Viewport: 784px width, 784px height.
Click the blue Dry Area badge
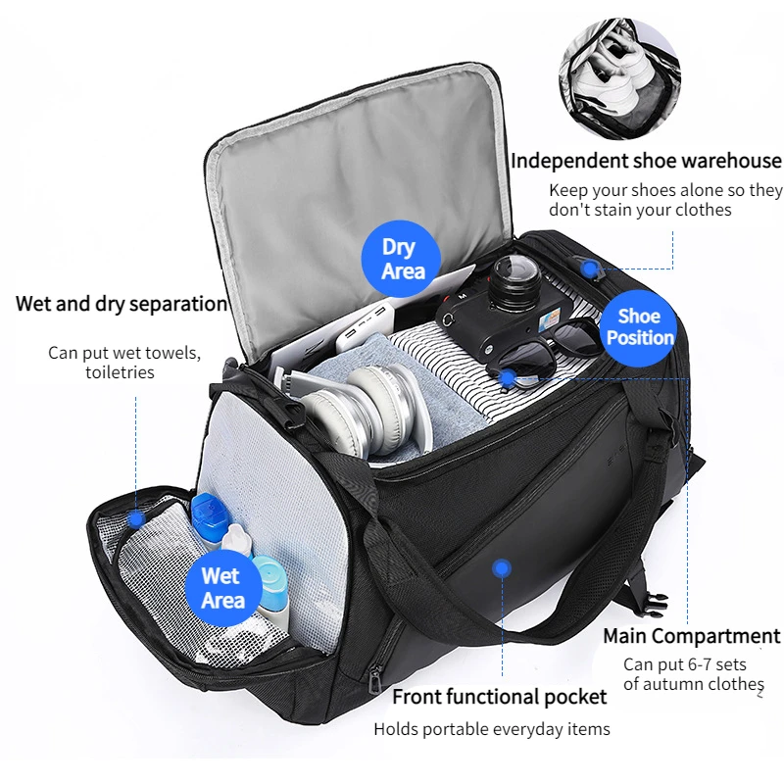[x=401, y=260]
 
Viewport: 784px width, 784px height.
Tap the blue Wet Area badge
[x=223, y=587]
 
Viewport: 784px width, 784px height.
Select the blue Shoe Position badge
[x=639, y=327]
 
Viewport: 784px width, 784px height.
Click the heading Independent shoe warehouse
[x=646, y=161]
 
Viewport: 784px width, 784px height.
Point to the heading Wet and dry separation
[x=121, y=304]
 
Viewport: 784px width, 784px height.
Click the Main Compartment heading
[x=692, y=636]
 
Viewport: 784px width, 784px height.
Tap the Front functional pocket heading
[x=499, y=697]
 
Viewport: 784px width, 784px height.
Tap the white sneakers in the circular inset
[x=609, y=75]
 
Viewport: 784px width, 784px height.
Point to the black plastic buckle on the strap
[x=654, y=602]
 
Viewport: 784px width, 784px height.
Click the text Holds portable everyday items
[x=492, y=729]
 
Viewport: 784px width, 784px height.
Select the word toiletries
[x=120, y=372]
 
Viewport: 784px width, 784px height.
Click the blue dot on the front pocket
[x=502, y=568]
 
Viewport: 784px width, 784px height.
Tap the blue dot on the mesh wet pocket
[x=135, y=520]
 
